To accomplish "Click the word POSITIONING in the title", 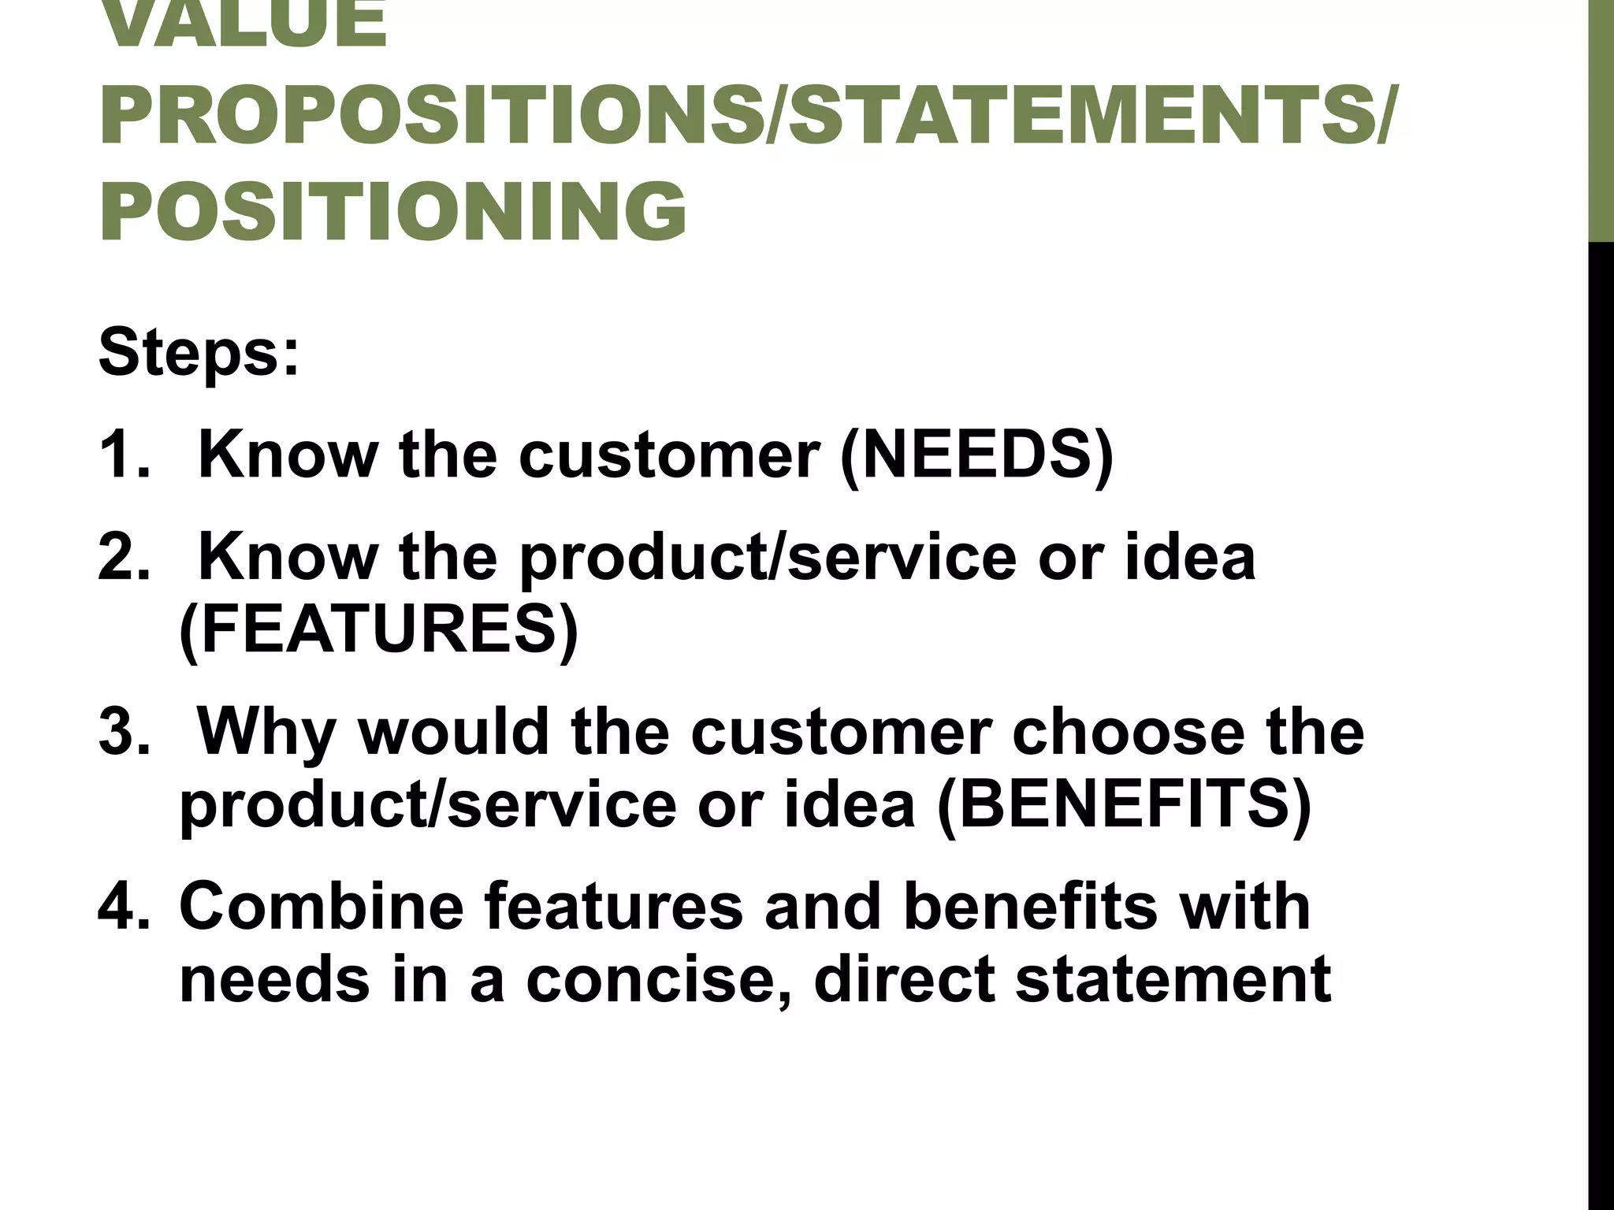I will [x=392, y=211].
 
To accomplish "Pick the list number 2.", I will [x=122, y=557].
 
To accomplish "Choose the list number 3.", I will [x=122, y=732].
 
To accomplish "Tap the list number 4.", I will [x=122, y=906].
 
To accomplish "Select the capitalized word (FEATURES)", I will [x=379, y=629].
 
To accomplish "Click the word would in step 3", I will [x=453, y=732].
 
